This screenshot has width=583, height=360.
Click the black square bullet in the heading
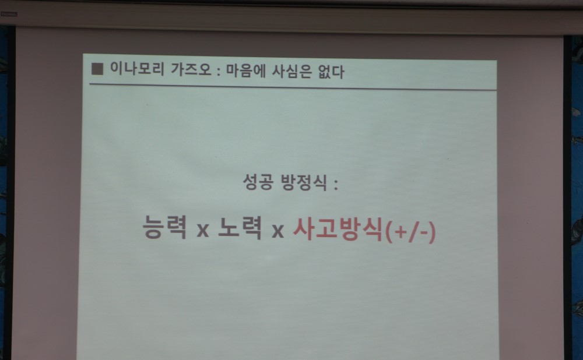click(x=97, y=69)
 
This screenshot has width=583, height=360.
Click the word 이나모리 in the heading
click(x=137, y=69)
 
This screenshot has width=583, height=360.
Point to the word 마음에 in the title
click(x=246, y=70)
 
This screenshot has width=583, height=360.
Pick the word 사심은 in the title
click(x=291, y=71)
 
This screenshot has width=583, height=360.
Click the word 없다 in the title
click(x=331, y=71)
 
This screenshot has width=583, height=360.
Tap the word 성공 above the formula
click(x=258, y=182)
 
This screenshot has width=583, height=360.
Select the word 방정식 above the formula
click(x=304, y=182)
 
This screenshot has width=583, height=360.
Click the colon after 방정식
click(x=336, y=184)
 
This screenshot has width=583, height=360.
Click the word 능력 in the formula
click(x=165, y=227)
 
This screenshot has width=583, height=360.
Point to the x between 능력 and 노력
click(x=203, y=230)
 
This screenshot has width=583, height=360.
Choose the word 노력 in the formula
click(x=240, y=228)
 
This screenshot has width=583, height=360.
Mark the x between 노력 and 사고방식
click(x=278, y=231)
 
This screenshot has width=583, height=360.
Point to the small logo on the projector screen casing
click(x=9, y=14)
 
